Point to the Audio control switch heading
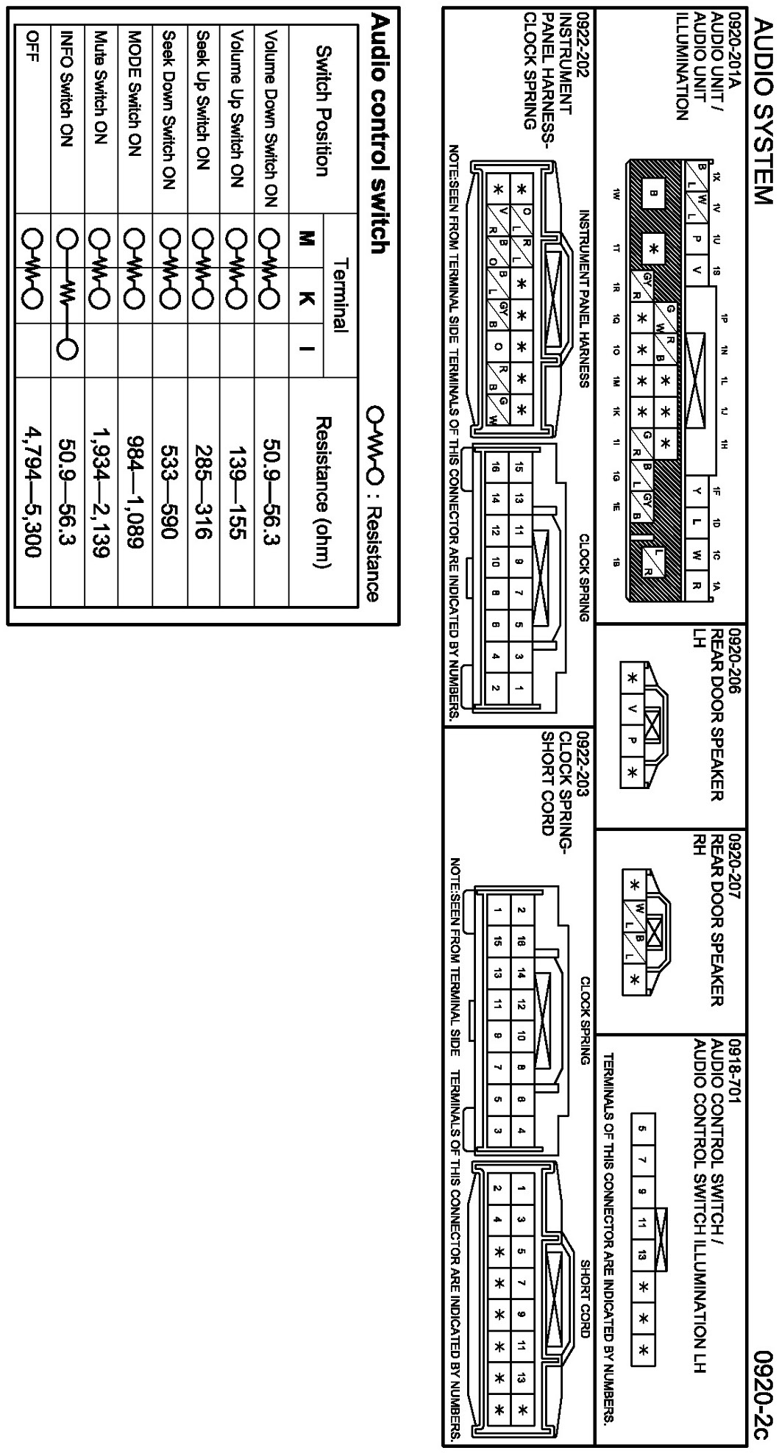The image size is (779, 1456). [x=378, y=133]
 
